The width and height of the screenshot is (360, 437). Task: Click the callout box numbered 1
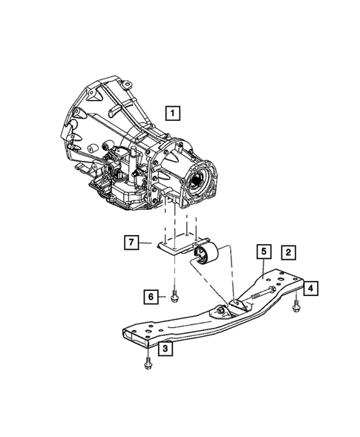172,114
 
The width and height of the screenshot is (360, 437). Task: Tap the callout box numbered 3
166,347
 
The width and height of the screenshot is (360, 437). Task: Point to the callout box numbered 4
312,288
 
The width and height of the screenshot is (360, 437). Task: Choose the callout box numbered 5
263,252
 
